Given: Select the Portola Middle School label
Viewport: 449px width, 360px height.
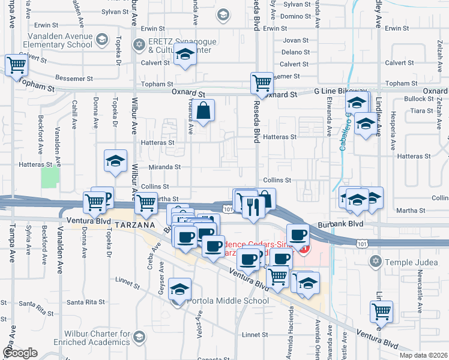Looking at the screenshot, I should click(228, 301).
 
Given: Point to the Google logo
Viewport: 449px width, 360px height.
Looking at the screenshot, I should click(19, 353).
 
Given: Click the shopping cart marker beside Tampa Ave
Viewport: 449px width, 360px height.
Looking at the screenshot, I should click(17, 65).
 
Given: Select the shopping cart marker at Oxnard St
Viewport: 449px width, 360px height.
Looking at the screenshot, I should click(262, 83).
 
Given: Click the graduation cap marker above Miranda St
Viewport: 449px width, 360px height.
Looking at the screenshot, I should click(115, 161).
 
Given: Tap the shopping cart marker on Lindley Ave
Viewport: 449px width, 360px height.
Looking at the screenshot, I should click(381, 311).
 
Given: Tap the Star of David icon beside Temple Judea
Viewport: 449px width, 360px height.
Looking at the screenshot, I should click(376, 262).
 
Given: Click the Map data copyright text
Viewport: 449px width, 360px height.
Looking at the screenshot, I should click(422, 355).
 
